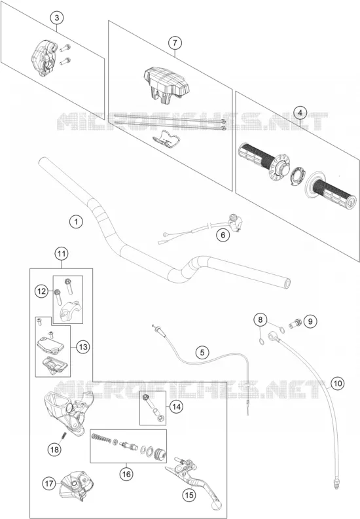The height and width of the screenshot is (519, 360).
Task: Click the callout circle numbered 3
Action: click(x=56, y=18)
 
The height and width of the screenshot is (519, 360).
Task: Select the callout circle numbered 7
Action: click(x=175, y=43)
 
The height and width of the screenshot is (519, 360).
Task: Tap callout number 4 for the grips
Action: click(x=300, y=113)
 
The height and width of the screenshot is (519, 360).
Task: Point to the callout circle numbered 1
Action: click(x=77, y=221)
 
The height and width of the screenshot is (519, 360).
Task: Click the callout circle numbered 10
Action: click(x=337, y=384)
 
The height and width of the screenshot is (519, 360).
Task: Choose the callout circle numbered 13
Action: click(x=83, y=347)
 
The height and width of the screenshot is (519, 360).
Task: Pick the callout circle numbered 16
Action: click(x=127, y=474)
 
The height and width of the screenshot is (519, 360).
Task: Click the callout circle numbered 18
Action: click(x=54, y=449)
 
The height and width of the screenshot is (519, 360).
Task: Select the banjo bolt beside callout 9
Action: click(x=294, y=322)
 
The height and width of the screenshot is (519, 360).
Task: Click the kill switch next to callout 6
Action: click(x=236, y=223)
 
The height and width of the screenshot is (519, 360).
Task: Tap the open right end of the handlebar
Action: click(x=286, y=283)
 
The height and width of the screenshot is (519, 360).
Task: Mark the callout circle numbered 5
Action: click(x=202, y=352)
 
